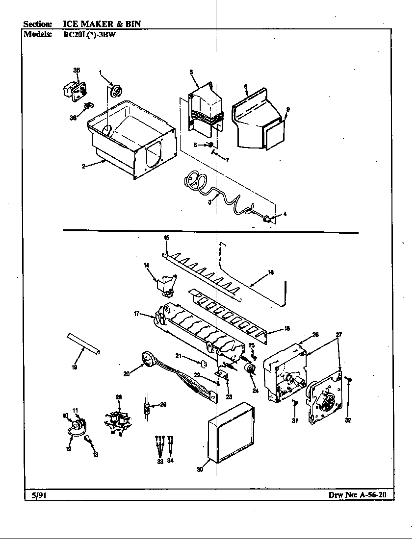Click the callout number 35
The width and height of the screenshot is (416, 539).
tap(77, 71)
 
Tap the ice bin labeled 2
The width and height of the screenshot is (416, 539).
tap(130, 142)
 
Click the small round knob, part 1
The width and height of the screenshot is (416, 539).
tap(116, 91)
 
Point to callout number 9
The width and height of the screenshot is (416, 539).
tap(288, 109)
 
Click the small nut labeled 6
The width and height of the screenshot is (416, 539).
tap(210, 145)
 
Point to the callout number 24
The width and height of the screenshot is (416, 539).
tap(255, 391)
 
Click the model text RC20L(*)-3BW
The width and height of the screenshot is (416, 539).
tap(89, 35)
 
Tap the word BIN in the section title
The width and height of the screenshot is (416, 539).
tap(135, 24)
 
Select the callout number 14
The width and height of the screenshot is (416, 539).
tap(146, 265)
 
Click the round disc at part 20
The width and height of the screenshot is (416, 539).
tap(146, 359)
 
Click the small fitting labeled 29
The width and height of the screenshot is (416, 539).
tap(146, 406)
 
